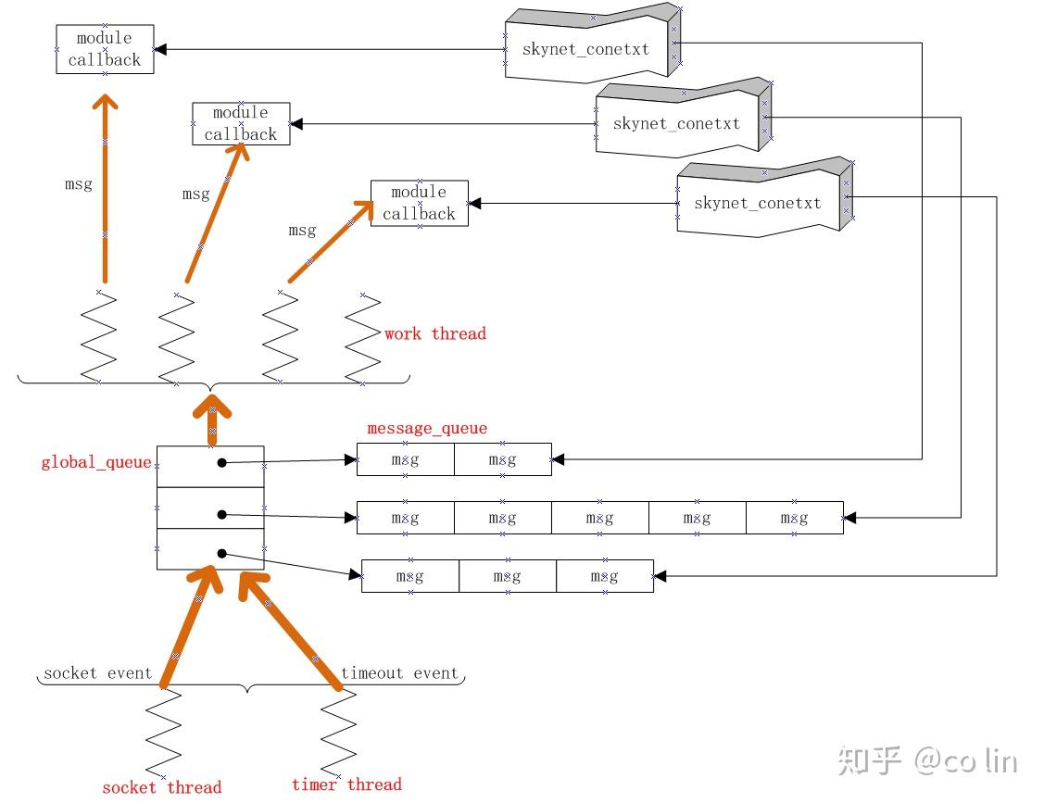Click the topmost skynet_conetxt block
pyautogui.click(x=587, y=48)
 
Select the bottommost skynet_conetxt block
pyautogui.click(x=759, y=203)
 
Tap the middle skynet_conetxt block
pyautogui.click(x=678, y=122)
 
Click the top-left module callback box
pyautogui.click(x=105, y=49)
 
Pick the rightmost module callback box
pyautogui.click(x=420, y=203)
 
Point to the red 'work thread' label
pyautogui.click(x=435, y=333)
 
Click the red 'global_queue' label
pyautogui.click(x=95, y=462)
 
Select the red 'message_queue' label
pyautogui.click(x=427, y=428)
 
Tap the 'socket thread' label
pyautogui.click(x=162, y=787)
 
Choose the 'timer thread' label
pyautogui.click(x=346, y=784)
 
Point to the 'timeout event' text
pyautogui.click(x=400, y=673)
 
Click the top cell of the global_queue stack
pyautogui.click(x=210, y=466)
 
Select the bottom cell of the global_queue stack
pyautogui.click(x=210, y=549)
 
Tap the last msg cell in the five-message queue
pyautogui.click(x=794, y=518)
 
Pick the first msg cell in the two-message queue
pyautogui.click(x=406, y=460)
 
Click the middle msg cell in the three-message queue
pyautogui.click(x=508, y=576)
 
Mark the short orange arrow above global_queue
pyautogui.click(x=212, y=420)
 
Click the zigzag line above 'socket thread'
pyautogui.click(x=164, y=732)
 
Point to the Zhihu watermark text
pyautogui.click(x=926, y=761)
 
